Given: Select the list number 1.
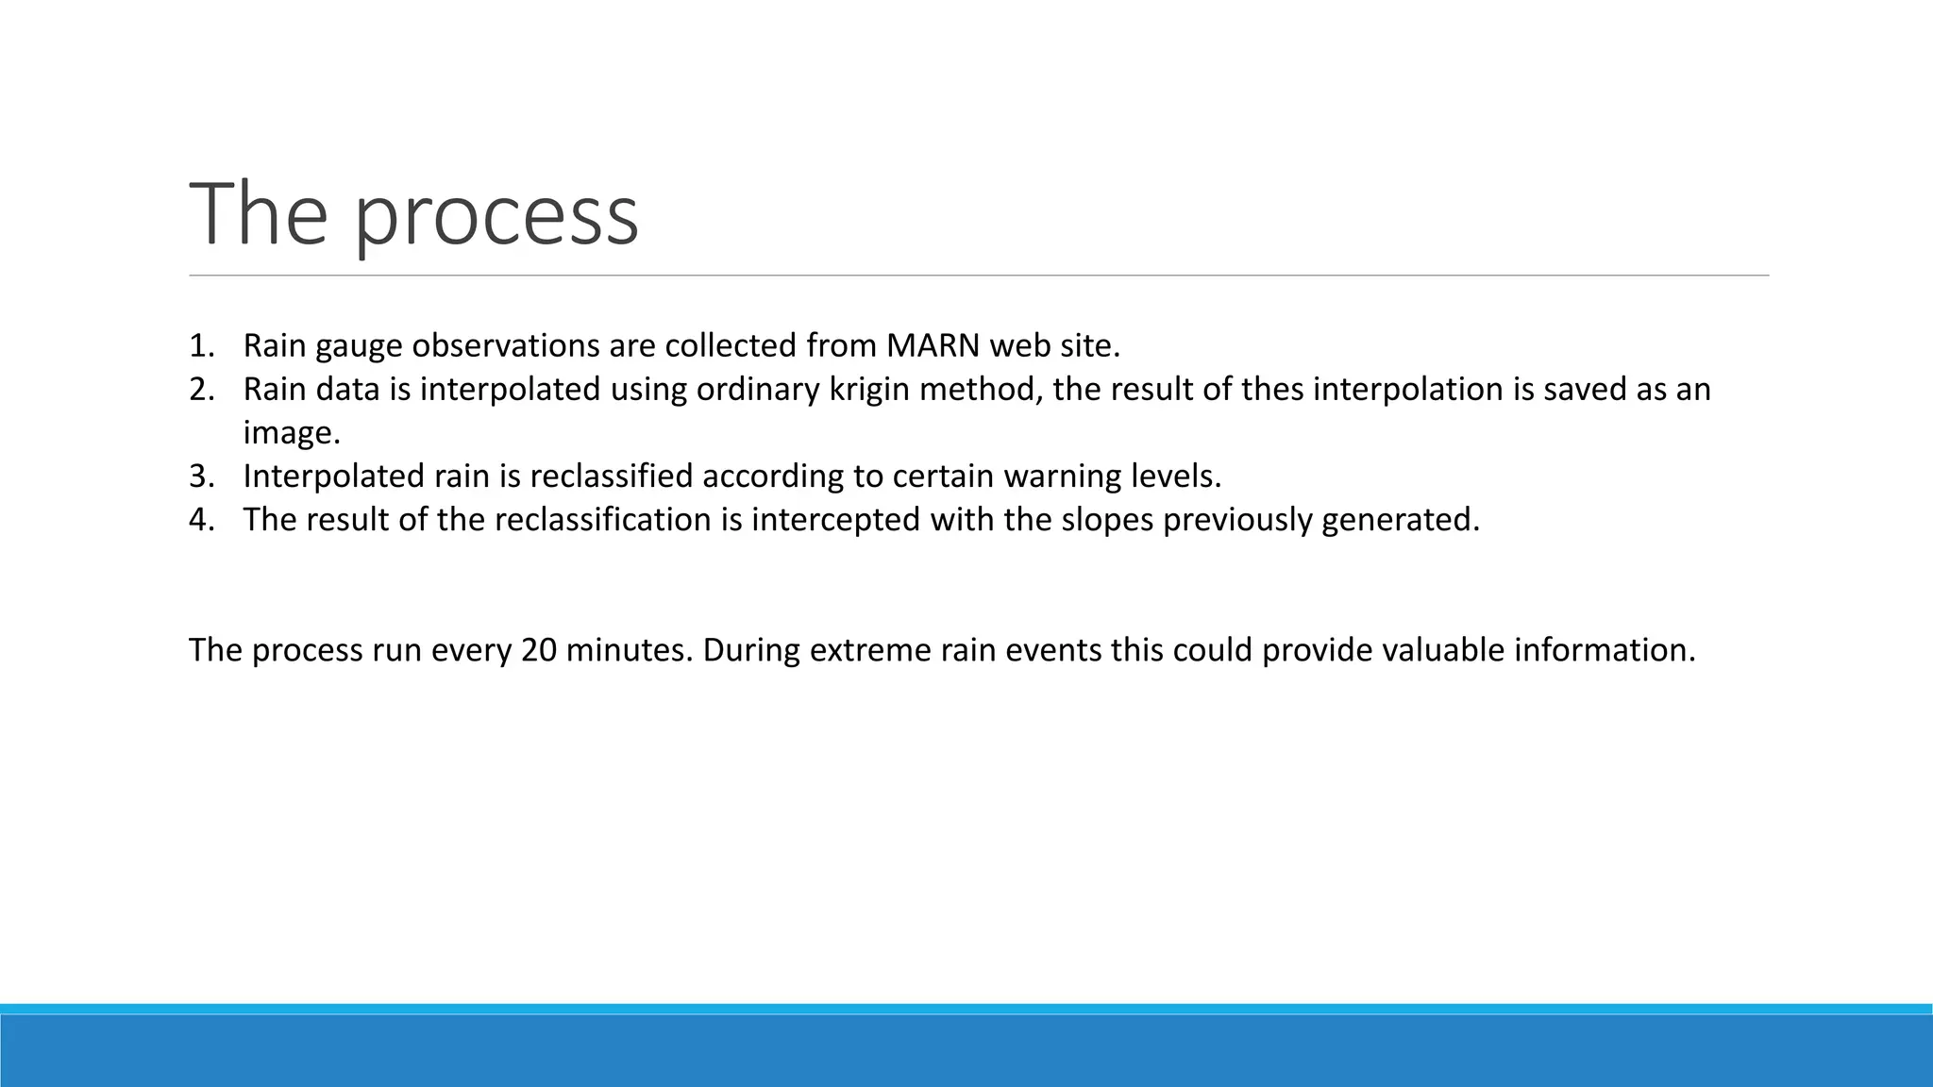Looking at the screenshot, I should tap(201, 346).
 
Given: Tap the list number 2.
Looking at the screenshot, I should tap(201, 390).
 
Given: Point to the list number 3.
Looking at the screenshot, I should tap(201, 477).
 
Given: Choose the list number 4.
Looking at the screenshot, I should tap(201, 520).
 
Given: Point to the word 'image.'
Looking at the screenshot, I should tap(291, 434).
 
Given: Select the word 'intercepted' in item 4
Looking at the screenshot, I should tap(835, 520).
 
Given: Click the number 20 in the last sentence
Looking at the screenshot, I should tap(538, 650).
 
